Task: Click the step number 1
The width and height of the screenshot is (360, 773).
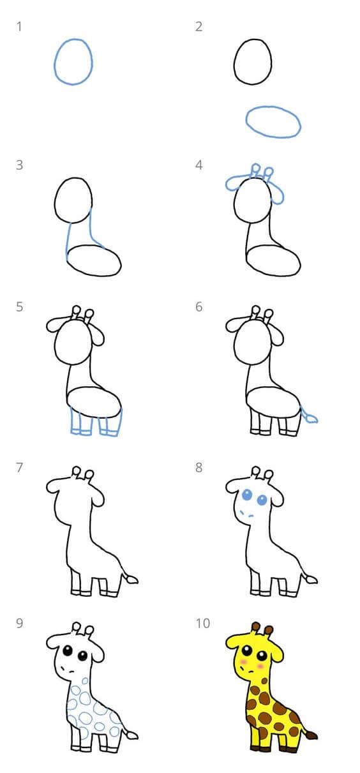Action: click(x=19, y=27)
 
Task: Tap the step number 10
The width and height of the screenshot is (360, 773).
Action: click(x=202, y=623)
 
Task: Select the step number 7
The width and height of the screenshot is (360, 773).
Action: click(x=19, y=468)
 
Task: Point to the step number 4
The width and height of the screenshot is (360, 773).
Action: click(x=199, y=165)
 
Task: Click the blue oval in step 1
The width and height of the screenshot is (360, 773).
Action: click(x=54, y=62)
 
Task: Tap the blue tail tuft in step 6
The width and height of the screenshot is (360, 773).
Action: click(x=311, y=419)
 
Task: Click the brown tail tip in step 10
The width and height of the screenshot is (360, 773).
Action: click(x=311, y=735)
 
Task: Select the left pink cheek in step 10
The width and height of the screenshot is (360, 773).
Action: click(x=243, y=662)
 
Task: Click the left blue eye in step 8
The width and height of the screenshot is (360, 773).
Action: click(x=247, y=495)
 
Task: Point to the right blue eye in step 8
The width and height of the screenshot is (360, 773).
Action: click(x=262, y=500)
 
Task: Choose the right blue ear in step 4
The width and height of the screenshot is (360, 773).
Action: click(x=278, y=195)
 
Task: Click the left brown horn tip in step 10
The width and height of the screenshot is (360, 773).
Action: click(x=256, y=626)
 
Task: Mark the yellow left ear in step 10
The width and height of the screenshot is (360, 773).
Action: click(x=235, y=640)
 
